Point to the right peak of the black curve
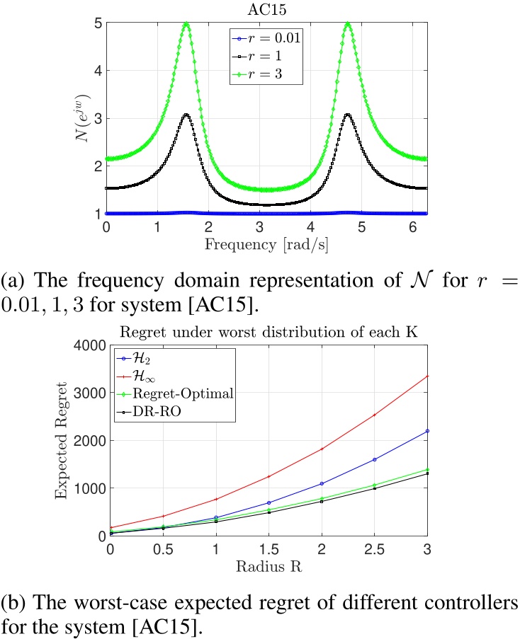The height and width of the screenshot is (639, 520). (347, 115)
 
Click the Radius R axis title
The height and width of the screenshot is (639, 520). (269, 567)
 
